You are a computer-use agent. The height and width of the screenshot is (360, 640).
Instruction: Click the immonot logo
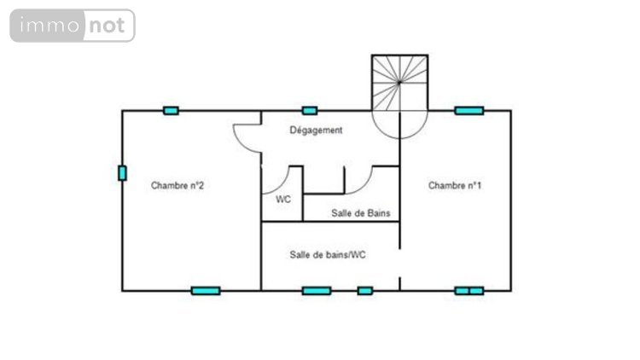pyautogui.click(x=73, y=26)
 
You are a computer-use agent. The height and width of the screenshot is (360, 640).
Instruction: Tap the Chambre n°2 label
pyautogui.click(x=177, y=186)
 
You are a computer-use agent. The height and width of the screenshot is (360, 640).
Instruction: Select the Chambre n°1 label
pyautogui.click(x=455, y=186)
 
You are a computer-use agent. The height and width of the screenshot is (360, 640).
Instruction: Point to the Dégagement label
pyautogui.click(x=316, y=131)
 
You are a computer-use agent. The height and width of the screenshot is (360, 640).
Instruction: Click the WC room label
pyautogui.click(x=283, y=200)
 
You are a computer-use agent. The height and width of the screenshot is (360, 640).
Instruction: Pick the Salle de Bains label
pyautogui.click(x=361, y=213)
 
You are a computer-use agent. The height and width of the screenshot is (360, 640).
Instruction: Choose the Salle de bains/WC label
pyautogui.click(x=328, y=255)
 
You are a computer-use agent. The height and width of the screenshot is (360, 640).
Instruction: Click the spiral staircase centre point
pyautogui.click(x=399, y=83)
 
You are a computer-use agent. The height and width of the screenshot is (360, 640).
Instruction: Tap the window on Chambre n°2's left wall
pyautogui.click(x=122, y=173)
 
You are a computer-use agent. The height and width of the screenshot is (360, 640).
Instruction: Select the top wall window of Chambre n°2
pyautogui.click(x=171, y=111)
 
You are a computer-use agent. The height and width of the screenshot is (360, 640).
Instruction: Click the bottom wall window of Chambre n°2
pyautogui.click(x=206, y=291)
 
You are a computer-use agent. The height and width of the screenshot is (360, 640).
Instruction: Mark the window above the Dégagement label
pyautogui.click(x=310, y=111)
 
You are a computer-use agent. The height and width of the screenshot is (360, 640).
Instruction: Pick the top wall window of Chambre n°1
pyautogui.click(x=469, y=111)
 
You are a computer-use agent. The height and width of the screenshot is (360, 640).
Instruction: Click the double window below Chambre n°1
pyautogui.click(x=469, y=291)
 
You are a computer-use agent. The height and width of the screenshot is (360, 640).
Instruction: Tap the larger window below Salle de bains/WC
pyautogui.click(x=317, y=291)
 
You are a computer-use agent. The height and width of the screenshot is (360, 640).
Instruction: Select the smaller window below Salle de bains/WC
pyautogui.click(x=365, y=291)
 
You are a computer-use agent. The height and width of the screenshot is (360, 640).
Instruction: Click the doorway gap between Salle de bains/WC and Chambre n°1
pyautogui.click(x=399, y=263)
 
